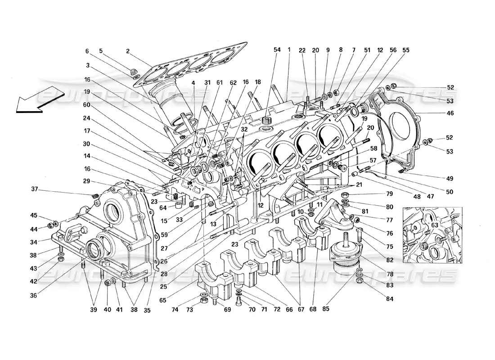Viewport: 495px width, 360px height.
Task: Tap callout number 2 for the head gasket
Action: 128,51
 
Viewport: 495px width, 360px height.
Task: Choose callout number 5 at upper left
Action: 101,51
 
